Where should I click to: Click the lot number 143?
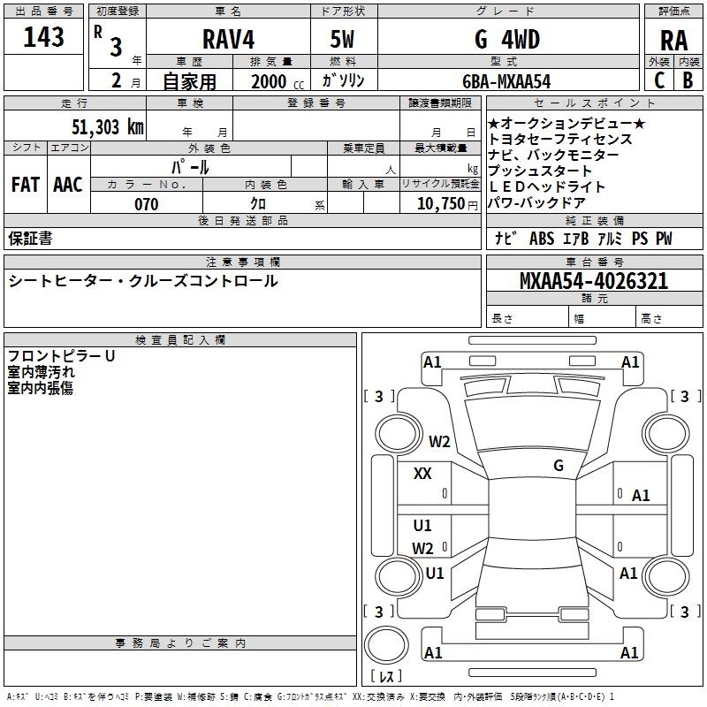click(44, 38)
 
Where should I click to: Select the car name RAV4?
click(228, 39)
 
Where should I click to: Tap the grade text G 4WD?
click(507, 39)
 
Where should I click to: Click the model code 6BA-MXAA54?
click(506, 81)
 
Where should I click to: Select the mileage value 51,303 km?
click(106, 126)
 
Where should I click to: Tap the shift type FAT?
click(25, 185)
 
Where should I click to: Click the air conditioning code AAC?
click(67, 185)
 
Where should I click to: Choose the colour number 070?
click(146, 205)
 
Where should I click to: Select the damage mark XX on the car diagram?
click(422, 474)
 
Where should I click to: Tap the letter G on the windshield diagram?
click(559, 466)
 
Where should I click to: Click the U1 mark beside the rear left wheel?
click(435, 573)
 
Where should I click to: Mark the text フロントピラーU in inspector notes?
click(62, 356)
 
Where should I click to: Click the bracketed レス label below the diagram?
click(386, 677)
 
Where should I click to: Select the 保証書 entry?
click(30, 239)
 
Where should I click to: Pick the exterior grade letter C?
click(658, 80)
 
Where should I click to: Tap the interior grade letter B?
click(688, 80)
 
